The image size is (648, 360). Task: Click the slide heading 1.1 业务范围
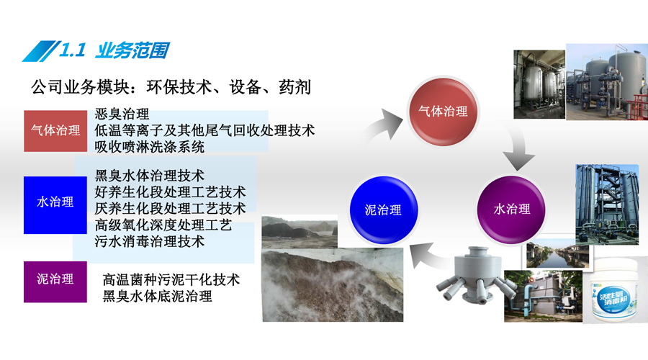click(x=114, y=50)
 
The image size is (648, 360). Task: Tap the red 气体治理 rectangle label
click(x=55, y=130)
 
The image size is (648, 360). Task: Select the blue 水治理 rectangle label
click(x=55, y=205)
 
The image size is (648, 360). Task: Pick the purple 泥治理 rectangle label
click(x=55, y=282)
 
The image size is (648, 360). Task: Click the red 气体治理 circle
click(x=443, y=111)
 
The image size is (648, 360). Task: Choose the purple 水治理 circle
click(x=512, y=209)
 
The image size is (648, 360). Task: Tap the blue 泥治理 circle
click(x=384, y=210)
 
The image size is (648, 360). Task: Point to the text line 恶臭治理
click(x=122, y=114)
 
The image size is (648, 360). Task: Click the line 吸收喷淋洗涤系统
click(x=150, y=147)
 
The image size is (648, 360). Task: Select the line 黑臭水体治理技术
click(x=150, y=176)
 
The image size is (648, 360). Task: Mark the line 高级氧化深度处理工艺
click(x=163, y=225)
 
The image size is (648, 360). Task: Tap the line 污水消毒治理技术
click(x=150, y=241)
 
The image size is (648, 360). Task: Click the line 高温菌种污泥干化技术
click(x=171, y=280)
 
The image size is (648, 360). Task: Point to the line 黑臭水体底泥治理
click(x=158, y=297)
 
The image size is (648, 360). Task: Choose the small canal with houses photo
click(x=557, y=253)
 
